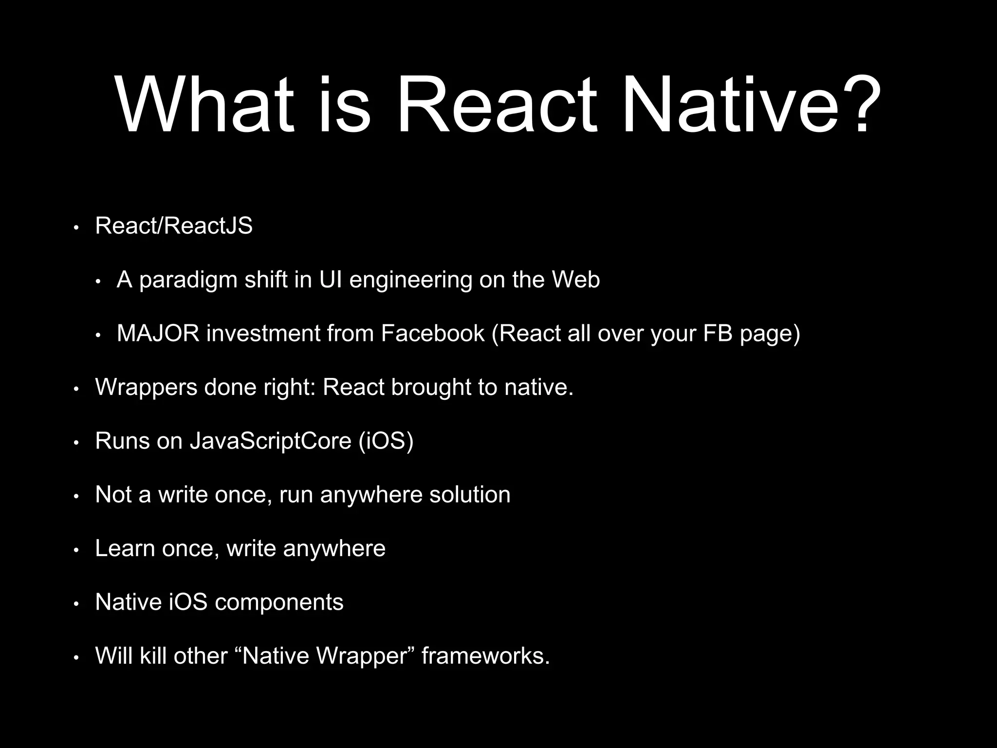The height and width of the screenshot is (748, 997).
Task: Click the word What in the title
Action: click(205, 105)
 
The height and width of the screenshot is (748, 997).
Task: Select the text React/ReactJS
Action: click(174, 226)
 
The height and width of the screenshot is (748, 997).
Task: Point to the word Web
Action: click(575, 280)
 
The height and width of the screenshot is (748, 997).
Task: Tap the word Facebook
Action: click(432, 334)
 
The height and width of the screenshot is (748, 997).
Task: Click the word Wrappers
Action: click(146, 388)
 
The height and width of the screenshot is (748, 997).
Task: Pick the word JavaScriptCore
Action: click(270, 441)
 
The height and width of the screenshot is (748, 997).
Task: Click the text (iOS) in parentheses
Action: click(386, 441)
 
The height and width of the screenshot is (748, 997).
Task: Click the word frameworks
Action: click(485, 655)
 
